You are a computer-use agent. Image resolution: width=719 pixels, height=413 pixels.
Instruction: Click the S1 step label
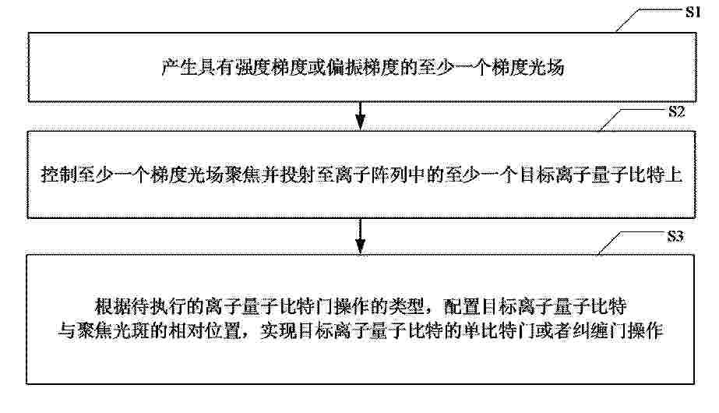(693, 12)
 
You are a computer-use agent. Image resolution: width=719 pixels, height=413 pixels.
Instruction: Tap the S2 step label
(676, 111)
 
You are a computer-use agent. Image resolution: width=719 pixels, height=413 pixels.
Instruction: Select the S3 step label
(675, 236)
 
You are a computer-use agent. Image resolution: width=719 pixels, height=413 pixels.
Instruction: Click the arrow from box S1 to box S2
(361, 115)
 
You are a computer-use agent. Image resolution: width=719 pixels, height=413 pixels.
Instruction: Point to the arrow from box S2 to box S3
(361, 236)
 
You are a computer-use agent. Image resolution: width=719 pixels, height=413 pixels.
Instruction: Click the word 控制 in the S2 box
(58, 175)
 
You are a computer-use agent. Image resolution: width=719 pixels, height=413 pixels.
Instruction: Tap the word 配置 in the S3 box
(462, 306)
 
